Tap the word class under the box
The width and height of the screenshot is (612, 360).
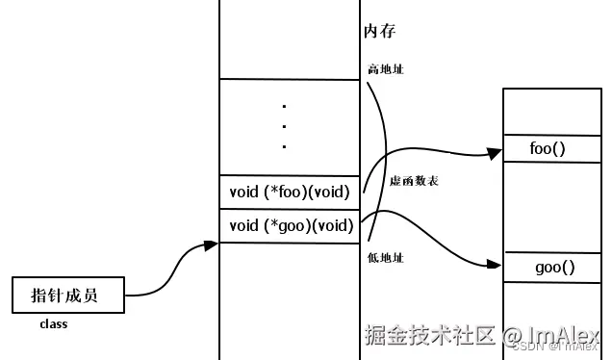pos(53,324)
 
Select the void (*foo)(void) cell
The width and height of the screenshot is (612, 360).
pos(289,193)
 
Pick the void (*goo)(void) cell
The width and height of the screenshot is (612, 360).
pos(289,226)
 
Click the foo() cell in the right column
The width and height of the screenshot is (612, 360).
pos(548,149)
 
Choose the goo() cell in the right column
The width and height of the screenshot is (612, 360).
pos(554,268)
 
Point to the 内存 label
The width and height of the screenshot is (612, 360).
pos(380,32)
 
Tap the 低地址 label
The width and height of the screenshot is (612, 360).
pos(386,258)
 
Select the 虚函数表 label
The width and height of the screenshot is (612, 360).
pos(414,181)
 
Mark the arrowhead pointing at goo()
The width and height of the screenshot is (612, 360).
pos(497,264)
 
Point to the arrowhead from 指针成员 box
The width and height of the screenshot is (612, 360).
pos(211,246)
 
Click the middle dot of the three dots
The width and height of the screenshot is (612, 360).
pos(285,125)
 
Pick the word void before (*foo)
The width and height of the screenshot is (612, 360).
pos(244,193)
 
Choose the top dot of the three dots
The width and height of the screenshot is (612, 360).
pos(285,105)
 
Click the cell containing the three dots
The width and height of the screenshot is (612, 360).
pos(289,127)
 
